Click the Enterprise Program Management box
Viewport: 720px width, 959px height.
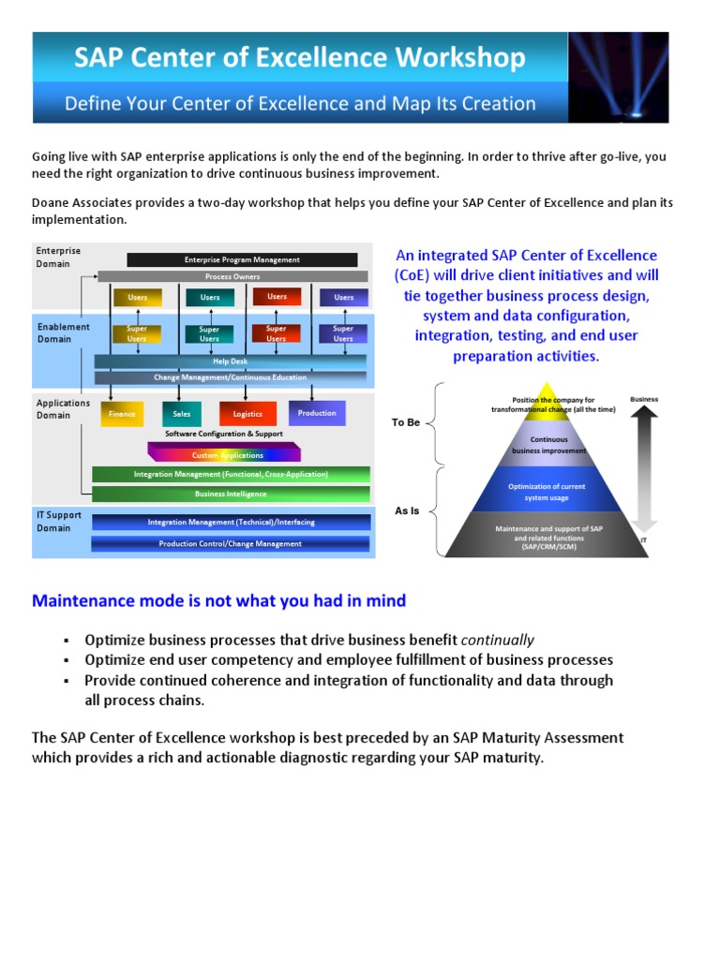(x=242, y=259)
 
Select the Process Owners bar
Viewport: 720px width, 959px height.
(x=232, y=277)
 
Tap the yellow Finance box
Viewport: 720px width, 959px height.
(x=121, y=414)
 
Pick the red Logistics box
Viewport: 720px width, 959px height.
(x=247, y=414)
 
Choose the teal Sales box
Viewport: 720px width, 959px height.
(x=181, y=414)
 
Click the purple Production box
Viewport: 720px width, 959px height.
(x=317, y=413)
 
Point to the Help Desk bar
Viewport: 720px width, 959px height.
(x=231, y=361)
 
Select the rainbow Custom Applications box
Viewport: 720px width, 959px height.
(x=228, y=455)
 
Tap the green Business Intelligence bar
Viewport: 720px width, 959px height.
(x=231, y=494)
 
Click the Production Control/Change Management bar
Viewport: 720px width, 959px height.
(x=231, y=543)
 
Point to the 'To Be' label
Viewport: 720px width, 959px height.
(x=406, y=423)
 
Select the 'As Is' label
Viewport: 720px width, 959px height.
(x=406, y=511)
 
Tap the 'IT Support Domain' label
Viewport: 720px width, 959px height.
(x=59, y=522)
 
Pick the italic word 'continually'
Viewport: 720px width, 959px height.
(x=497, y=641)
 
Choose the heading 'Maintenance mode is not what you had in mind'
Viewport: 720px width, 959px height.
(x=219, y=601)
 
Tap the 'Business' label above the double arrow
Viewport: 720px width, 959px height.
(x=644, y=400)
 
